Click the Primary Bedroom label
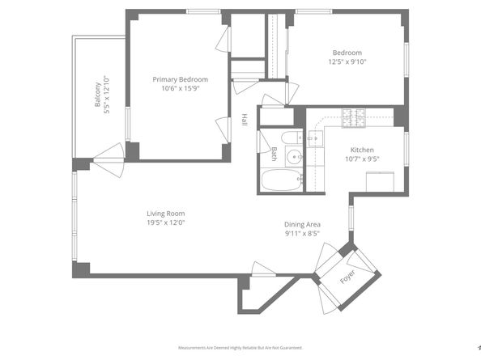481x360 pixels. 181,79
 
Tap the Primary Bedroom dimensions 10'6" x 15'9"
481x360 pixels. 181,89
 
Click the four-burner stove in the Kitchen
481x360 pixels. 354,119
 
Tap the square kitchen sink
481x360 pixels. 312,138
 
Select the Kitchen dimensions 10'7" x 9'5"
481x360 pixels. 361,159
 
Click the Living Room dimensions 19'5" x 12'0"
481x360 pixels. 165,223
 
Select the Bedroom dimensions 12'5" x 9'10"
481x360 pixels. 348,61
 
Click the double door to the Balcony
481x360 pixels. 108,155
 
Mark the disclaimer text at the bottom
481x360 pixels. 240,348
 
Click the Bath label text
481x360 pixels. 274,154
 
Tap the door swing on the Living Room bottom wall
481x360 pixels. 262,268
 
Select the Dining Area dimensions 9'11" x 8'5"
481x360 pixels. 302,234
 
